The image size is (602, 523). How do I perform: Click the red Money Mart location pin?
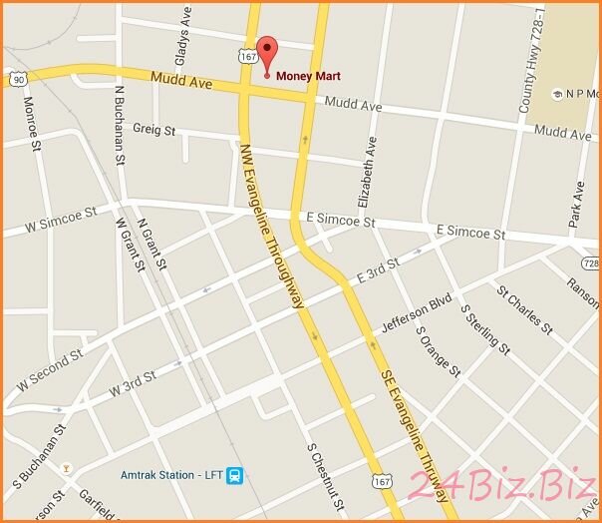click(266, 53)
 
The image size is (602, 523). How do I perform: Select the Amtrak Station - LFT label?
click(171, 474)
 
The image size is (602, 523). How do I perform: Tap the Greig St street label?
click(153, 130)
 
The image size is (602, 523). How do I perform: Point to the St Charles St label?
click(524, 308)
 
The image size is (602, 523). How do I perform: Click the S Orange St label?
click(438, 352)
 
